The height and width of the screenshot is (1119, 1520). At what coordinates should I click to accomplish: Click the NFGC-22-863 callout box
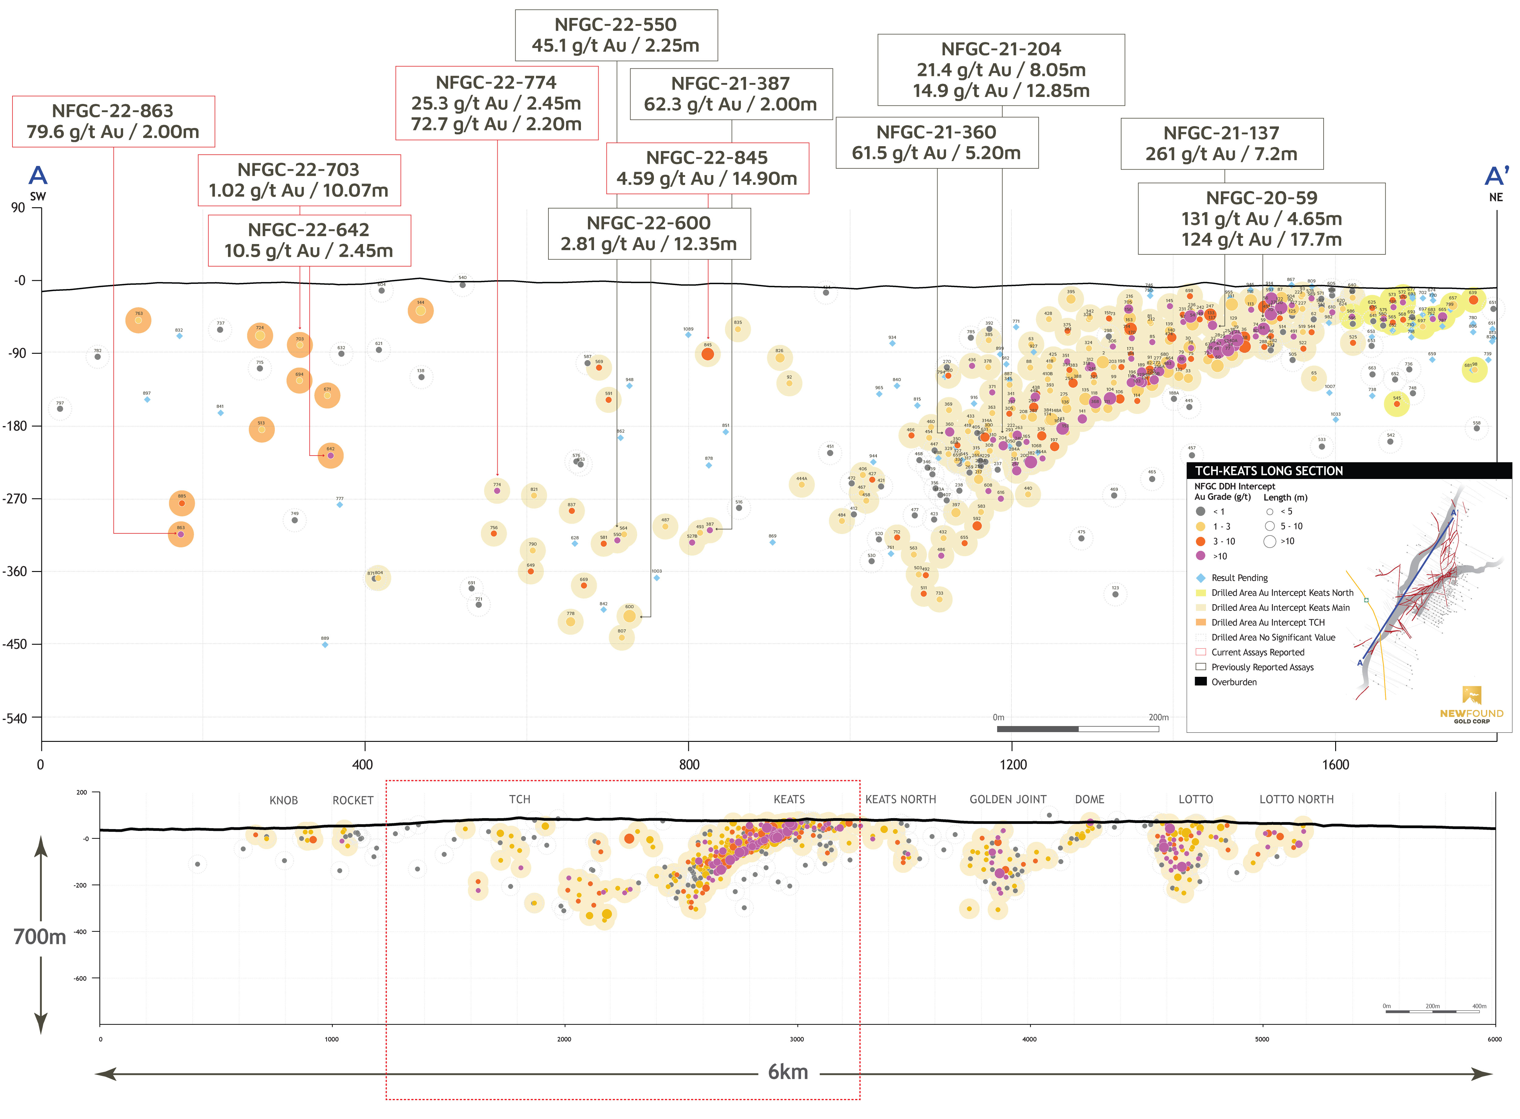113,121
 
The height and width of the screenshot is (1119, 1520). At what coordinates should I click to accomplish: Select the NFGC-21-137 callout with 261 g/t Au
1221,144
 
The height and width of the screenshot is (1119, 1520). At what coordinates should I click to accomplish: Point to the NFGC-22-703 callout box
299,180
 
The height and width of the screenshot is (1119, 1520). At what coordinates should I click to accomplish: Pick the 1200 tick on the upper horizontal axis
1013,765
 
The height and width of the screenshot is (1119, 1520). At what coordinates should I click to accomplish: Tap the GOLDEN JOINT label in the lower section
1007,799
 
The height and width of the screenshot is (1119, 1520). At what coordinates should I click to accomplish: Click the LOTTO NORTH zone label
1296,799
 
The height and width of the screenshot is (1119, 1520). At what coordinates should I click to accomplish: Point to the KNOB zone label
283,801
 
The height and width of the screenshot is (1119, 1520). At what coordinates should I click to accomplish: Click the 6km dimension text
788,1072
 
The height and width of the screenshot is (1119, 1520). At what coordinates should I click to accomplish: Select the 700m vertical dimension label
40,937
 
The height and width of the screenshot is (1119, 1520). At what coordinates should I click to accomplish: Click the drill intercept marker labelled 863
181,535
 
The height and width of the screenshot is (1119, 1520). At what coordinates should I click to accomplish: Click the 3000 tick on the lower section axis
796,1039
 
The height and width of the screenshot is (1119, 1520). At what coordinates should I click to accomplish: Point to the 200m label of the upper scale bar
1158,717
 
